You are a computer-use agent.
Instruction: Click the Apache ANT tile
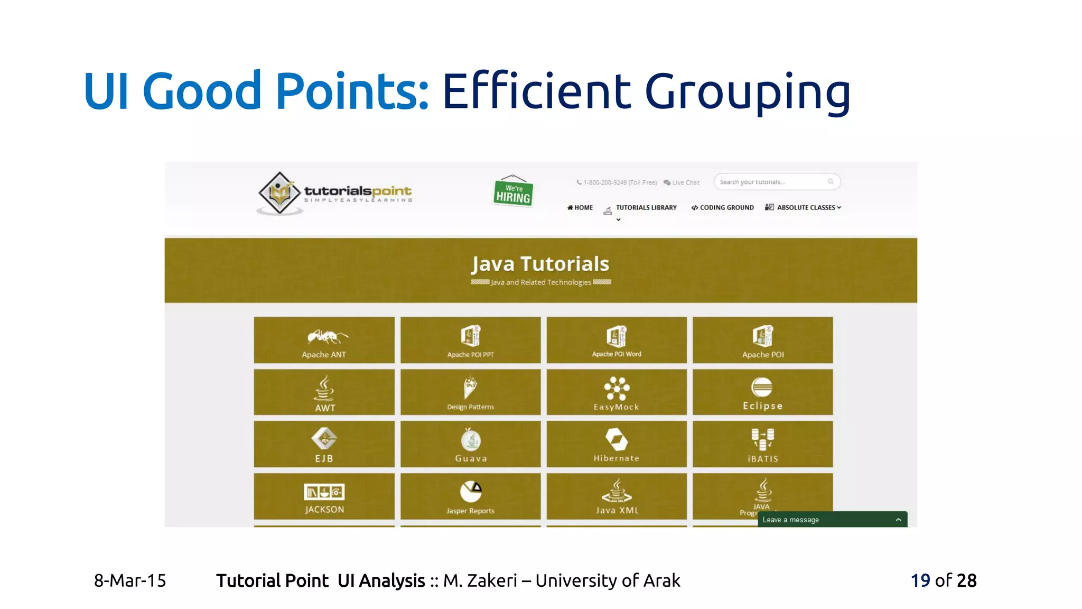point(324,340)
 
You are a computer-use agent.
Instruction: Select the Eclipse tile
point(762,392)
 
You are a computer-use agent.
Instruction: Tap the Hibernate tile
point(616,444)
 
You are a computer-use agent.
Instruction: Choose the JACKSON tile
point(324,496)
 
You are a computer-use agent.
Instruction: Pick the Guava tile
point(470,444)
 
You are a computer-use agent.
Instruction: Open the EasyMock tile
point(616,392)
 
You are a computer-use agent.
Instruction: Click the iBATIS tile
point(762,444)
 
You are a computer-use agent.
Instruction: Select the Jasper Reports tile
point(470,496)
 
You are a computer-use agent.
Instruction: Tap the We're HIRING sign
point(513,192)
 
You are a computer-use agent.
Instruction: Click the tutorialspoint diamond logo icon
point(279,193)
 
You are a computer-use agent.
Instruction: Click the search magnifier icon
point(831,182)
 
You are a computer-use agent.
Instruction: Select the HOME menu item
point(580,208)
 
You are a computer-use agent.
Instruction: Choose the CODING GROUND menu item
point(723,208)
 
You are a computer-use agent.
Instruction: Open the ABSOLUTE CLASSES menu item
point(804,208)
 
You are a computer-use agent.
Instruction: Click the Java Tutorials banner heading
point(540,264)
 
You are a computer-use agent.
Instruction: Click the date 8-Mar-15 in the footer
point(130,580)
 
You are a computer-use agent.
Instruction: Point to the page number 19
point(920,580)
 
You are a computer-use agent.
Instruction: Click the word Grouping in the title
point(747,92)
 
